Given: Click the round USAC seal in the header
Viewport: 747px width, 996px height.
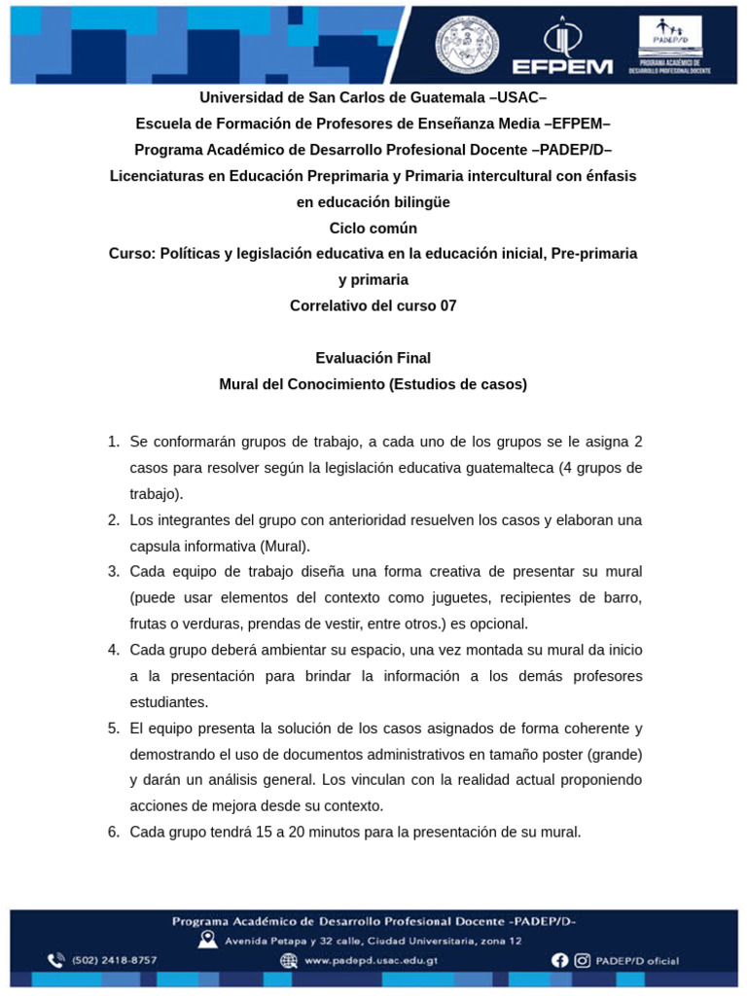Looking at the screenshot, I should (x=467, y=44).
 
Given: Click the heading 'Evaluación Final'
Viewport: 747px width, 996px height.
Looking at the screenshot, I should (x=373, y=358).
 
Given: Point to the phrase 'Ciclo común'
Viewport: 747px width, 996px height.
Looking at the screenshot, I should (x=373, y=228).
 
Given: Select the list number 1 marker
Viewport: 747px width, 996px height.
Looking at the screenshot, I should (x=114, y=442).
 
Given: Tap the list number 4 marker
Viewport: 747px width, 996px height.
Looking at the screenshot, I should (x=114, y=650).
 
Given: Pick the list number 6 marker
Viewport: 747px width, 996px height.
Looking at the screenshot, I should (x=114, y=832).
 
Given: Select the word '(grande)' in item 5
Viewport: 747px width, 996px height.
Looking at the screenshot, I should (x=613, y=754).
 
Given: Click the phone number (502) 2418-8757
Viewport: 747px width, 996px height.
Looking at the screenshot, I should (x=115, y=960).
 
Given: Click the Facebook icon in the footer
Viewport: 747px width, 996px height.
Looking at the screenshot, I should (x=559, y=960).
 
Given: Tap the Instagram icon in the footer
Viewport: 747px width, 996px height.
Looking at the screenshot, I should (x=583, y=960).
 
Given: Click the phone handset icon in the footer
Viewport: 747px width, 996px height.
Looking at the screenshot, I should (x=56, y=960).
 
